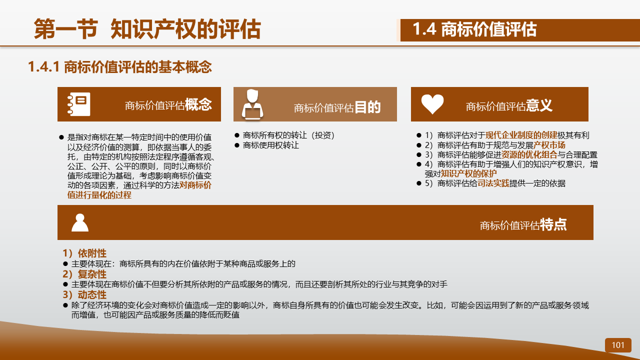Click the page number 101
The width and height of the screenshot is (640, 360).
(x=617, y=345)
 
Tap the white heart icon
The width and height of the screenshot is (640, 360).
(x=432, y=104)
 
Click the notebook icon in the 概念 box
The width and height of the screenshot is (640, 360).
(x=79, y=104)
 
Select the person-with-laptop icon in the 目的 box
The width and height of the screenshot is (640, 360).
(x=252, y=104)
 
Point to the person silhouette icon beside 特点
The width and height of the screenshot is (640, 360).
(x=79, y=222)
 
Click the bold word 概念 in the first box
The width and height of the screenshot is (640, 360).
(x=198, y=104)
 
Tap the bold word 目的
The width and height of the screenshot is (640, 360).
(x=367, y=107)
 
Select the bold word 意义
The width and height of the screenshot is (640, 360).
(x=539, y=105)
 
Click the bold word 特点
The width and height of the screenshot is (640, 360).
(x=553, y=224)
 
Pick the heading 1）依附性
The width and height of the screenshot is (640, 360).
(x=84, y=253)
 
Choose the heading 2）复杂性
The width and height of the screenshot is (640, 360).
(x=84, y=274)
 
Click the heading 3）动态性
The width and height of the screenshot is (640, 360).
(x=84, y=294)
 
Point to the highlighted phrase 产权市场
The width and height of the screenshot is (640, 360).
(x=549, y=145)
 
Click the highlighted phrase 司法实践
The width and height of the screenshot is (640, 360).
(x=493, y=183)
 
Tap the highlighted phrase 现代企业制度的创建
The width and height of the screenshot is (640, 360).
(x=521, y=135)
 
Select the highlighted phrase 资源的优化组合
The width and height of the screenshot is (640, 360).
(x=529, y=154)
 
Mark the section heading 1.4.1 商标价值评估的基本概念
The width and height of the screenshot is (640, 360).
(x=120, y=67)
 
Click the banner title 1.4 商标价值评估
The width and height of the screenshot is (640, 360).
(x=474, y=29)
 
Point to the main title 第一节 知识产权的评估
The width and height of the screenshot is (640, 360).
(x=147, y=29)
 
